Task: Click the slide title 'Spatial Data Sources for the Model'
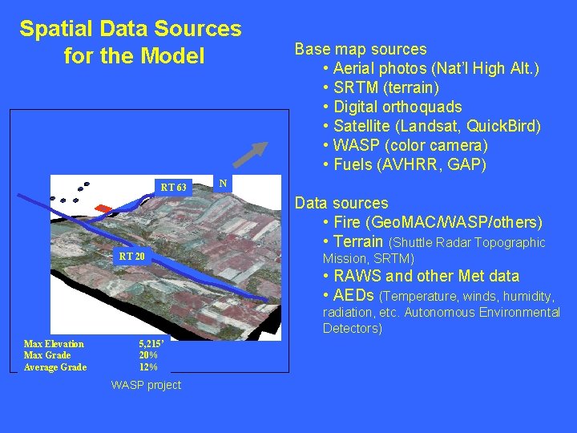coord(131,42)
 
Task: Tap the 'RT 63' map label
coord(173,188)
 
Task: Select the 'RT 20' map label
coord(131,257)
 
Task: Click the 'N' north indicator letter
coord(224,184)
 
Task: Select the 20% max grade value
coord(148,355)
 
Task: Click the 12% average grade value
coord(148,367)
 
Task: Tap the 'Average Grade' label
coord(55,367)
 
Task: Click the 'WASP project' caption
coord(146,385)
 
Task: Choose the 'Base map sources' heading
coord(361,49)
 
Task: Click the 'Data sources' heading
coord(341,203)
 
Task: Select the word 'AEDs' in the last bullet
coord(354,294)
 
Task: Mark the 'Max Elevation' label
coord(54,344)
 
